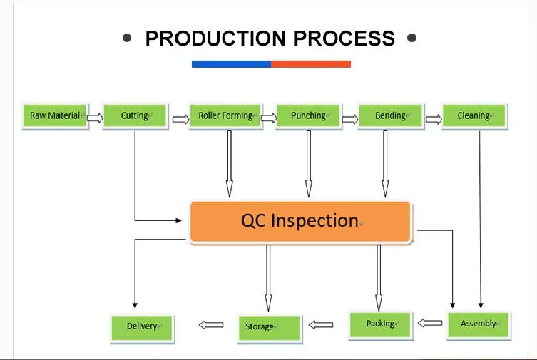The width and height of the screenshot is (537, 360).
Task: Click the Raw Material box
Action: pos(54,116)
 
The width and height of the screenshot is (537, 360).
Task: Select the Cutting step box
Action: pos(135,116)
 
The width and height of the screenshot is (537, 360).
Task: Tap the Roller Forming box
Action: pos(225,116)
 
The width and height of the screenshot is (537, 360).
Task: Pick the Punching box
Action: pos(309,116)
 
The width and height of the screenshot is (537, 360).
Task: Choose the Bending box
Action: pos(391,116)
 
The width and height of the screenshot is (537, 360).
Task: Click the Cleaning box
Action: pos(474,116)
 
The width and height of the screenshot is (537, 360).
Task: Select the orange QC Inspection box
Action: pos(300,222)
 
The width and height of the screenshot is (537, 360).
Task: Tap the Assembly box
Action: pos(479,324)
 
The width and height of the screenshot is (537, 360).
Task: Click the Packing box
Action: pos(381,324)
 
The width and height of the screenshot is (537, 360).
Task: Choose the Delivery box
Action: pos(143,327)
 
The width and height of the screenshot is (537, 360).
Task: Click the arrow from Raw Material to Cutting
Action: pos(94,118)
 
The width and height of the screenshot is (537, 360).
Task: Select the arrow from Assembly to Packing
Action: pos(429,323)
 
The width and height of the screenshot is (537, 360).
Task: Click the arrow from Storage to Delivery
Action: pos(210,325)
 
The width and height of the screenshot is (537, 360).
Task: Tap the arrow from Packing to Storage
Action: pos(321,325)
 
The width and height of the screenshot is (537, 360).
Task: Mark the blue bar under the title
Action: pos(231,64)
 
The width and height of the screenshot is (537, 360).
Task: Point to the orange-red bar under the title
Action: pos(311,64)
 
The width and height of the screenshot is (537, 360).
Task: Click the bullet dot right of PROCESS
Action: pos(411,38)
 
